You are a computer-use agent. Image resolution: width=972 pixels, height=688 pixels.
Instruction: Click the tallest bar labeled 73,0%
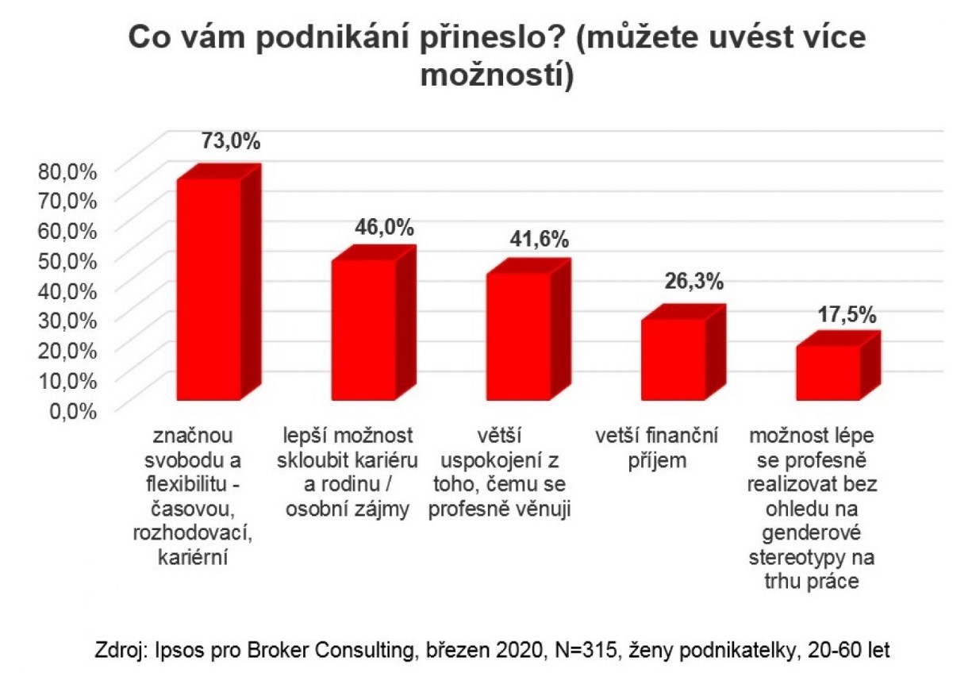(208, 290)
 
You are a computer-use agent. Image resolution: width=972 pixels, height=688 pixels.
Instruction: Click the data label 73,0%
(230, 142)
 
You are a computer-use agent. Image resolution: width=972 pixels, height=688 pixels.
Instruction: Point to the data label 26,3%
(694, 281)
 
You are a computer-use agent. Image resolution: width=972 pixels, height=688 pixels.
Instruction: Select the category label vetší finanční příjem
(656, 448)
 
